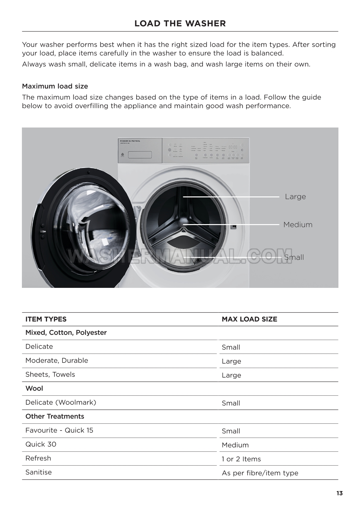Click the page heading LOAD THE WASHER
pyautogui.click(x=180, y=24)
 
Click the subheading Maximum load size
pyautogui.click(x=55, y=86)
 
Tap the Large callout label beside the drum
pyautogui.click(x=295, y=196)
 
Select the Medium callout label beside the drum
pyautogui.click(x=298, y=224)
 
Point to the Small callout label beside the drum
pyautogui.click(x=294, y=257)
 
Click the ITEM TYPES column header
pyautogui.click(x=46, y=319)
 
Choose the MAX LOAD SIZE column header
pyautogui.click(x=249, y=319)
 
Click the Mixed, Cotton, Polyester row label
pyautogui.click(x=66, y=333)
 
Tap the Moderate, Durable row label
pyautogui.click(x=57, y=360)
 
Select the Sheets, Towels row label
pyautogui.click(x=50, y=374)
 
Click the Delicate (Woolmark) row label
pyautogui.click(x=61, y=402)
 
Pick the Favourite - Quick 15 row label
pyautogui.click(x=59, y=430)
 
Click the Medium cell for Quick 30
pyautogui.click(x=235, y=445)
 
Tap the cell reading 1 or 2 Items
pyautogui.click(x=241, y=459)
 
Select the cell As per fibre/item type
pyautogui.click(x=260, y=473)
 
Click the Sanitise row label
pyautogui.click(x=39, y=472)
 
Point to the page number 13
pyautogui.click(x=339, y=493)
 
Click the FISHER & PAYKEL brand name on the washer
pyautogui.click(x=130, y=141)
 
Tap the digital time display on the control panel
pyautogui.click(x=233, y=147)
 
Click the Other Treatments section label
pyautogui.click(x=55, y=416)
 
